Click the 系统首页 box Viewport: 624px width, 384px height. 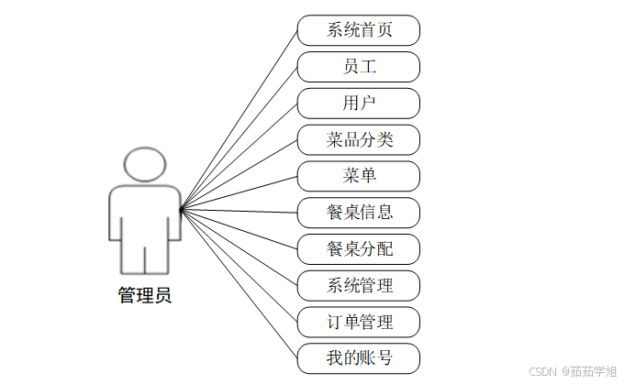pyautogui.click(x=359, y=30)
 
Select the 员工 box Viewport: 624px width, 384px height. pyautogui.click(x=359, y=67)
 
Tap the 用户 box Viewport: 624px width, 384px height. pyautogui.click(x=359, y=103)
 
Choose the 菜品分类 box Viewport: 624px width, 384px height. pyautogui.click(x=359, y=139)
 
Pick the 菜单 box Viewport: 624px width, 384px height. pyautogui.click(x=359, y=176)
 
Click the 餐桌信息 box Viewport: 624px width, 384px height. pyautogui.click(x=359, y=213)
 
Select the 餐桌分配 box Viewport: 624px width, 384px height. pyautogui.click(x=359, y=248)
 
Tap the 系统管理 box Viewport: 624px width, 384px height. pyautogui.click(x=359, y=285)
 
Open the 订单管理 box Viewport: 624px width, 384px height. pyautogui.click(x=359, y=322)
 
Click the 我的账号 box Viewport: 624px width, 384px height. pyautogui.click(x=359, y=357)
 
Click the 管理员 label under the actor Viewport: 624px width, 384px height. pyautogui.click(x=145, y=296)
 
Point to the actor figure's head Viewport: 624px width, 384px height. pyautogui.click(x=145, y=164)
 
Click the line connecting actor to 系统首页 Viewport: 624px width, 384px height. pyautogui.click(x=239, y=120)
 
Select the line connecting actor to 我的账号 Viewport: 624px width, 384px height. pyautogui.click(x=239, y=284)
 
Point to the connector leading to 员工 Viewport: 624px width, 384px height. pyautogui.click(x=239, y=138)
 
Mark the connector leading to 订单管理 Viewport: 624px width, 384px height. pyautogui.click(x=239, y=266)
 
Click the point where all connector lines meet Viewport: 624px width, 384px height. pyautogui.click(x=181, y=211)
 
